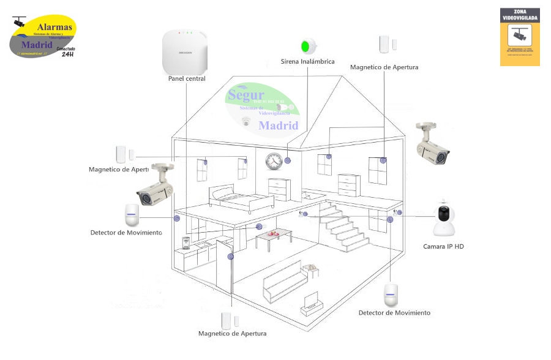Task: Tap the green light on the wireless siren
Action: click(x=305, y=46)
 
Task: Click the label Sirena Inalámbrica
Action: click(x=307, y=62)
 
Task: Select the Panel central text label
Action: click(x=187, y=79)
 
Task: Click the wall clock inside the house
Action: click(x=273, y=161)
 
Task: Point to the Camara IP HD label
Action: click(x=444, y=247)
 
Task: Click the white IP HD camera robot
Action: click(x=445, y=219)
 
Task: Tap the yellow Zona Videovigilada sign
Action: click(x=520, y=37)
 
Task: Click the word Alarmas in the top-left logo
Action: click(x=55, y=27)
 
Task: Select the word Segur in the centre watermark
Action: click(x=246, y=96)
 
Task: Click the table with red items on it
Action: click(x=272, y=236)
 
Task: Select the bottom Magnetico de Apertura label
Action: click(x=232, y=334)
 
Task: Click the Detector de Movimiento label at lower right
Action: click(x=394, y=313)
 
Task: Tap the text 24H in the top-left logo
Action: click(x=67, y=54)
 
